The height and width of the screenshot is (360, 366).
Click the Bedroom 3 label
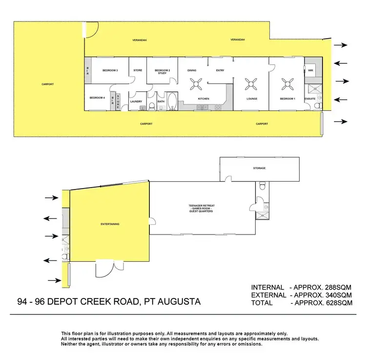click(110, 70)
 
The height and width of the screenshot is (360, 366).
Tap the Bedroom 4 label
click(97, 98)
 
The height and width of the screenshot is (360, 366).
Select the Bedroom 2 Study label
click(162, 71)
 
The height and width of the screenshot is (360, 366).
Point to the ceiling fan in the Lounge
click(252, 84)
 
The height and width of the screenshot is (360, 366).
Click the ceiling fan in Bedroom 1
click(286, 84)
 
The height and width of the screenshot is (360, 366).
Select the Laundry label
click(136, 102)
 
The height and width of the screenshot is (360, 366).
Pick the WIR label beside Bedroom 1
click(310, 70)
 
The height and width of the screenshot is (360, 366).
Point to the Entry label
click(220, 70)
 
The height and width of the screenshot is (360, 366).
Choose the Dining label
click(192, 70)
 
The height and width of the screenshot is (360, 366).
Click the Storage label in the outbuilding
click(259, 168)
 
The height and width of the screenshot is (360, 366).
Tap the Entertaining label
click(110, 224)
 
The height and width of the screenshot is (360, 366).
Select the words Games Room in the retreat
click(202, 208)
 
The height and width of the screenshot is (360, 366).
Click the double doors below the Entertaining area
click(105, 268)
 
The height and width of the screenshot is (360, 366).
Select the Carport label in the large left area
click(47, 84)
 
